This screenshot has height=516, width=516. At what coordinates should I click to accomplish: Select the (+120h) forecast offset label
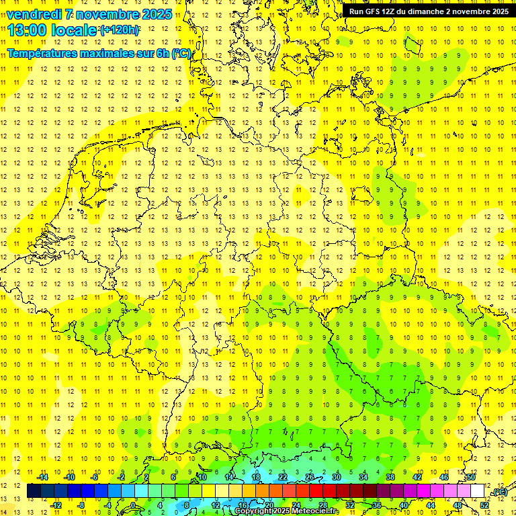coord(120,30)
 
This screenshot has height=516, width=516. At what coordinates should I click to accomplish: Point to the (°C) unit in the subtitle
coord(181,53)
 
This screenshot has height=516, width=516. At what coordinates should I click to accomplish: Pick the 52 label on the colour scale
coord(484,505)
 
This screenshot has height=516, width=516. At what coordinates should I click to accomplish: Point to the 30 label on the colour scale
coord(337,477)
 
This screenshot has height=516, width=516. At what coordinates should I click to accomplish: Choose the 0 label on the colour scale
coord(134,505)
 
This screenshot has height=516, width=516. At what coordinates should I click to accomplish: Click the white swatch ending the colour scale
coord(477,491)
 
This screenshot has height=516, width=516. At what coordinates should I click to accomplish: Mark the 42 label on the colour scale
coord(417,477)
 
